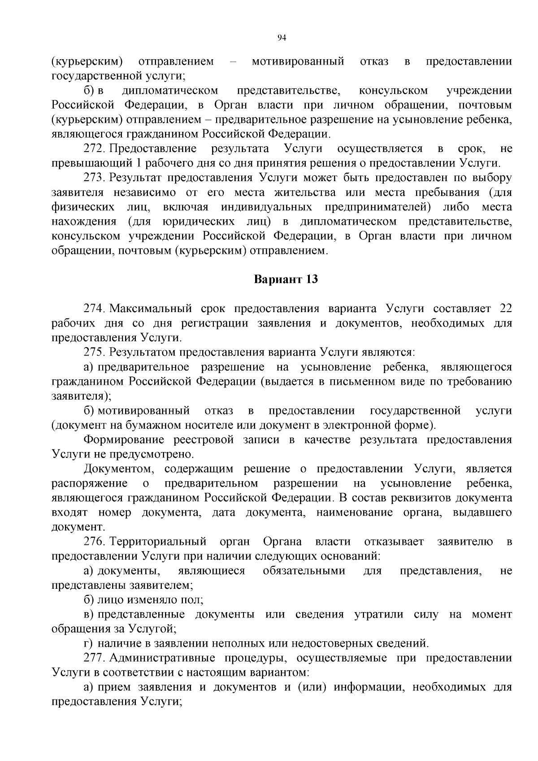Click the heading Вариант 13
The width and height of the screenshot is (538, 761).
pyautogui.click(x=286, y=279)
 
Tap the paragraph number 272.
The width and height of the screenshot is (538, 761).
pyautogui.click(x=95, y=148)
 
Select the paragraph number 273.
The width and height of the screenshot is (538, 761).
pyautogui.click(x=95, y=178)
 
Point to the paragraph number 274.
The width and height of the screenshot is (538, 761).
pyautogui.click(x=95, y=309)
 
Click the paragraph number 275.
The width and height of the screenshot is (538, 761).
pyautogui.click(x=95, y=352)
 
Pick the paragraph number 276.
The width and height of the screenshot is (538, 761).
pyautogui.click(x=95, y=542)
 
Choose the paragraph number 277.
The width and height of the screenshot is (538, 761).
pyautogui.click(x=95, y=658)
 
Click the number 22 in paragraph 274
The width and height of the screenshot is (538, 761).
pyautogui.click(x=505, y=309)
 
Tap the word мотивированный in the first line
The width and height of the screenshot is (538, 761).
pyautogui.click(x=298, y=61)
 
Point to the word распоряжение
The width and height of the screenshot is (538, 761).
pyautogui.click(x=90, y=483)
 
